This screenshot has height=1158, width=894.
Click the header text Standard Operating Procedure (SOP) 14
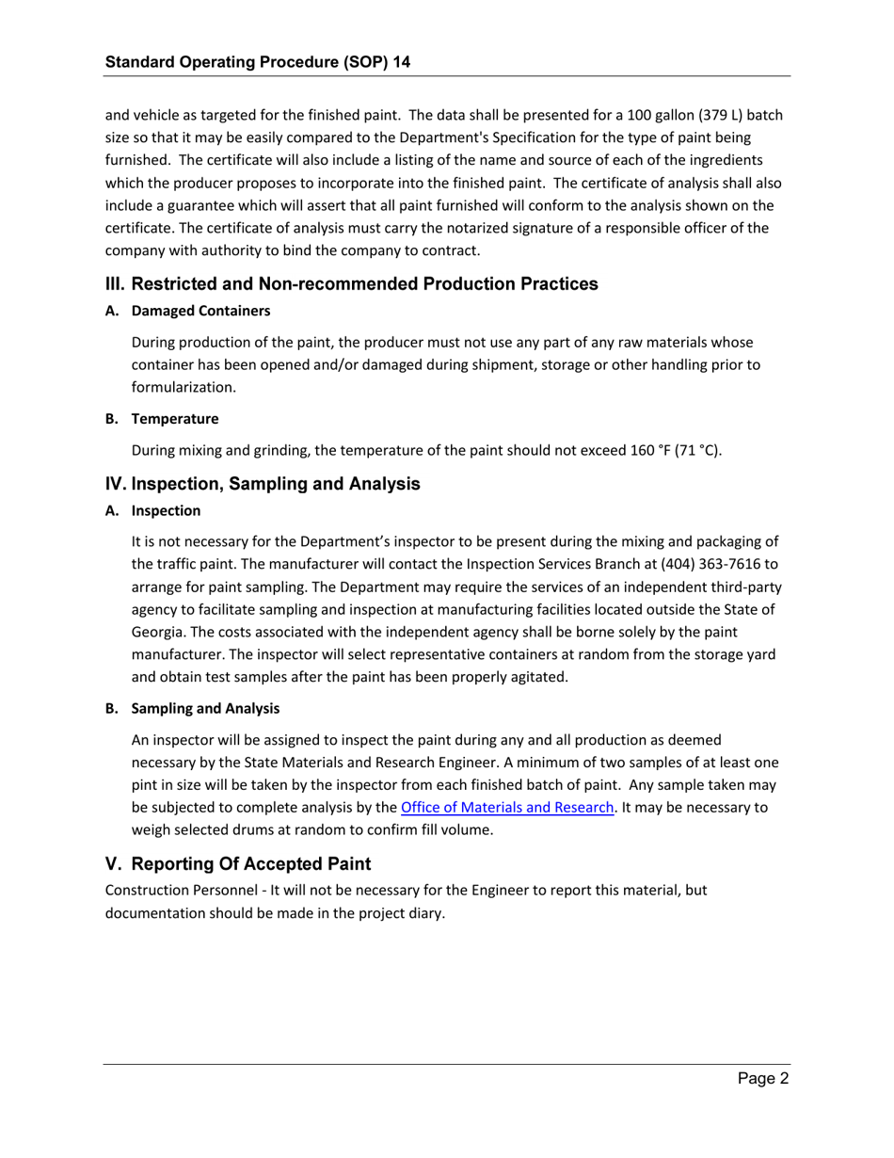click(x=257, y=63)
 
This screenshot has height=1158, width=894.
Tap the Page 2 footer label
click(x=762, y=1080)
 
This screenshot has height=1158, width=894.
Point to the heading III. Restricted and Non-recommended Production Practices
click(x=351, y=283)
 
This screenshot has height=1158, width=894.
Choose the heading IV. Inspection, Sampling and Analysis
click(x=263, y=484)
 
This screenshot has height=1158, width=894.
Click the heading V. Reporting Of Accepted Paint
click(x=238, y=863)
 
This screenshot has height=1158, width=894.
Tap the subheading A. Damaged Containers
click(x=188, y=311)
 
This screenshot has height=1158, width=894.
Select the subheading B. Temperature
click(x=162, y=418)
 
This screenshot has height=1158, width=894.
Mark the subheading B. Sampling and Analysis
click(x=192, y=708)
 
